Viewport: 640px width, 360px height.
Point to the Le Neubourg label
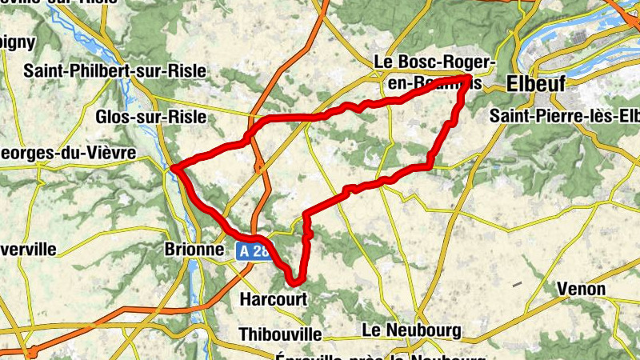(412, 330)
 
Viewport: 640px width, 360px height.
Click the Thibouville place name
(280, 333)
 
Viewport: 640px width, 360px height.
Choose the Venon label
(582, 289)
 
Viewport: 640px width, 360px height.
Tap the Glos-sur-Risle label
(150, 117)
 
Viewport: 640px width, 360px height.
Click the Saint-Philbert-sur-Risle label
(115, 70)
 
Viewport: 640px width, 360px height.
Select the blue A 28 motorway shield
(254, 250)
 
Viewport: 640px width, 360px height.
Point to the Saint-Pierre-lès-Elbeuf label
(565, 117)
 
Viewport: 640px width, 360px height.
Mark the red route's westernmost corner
(174, 168)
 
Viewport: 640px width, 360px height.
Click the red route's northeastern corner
(466, 78)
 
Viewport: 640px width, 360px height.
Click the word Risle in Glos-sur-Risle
(186, 117)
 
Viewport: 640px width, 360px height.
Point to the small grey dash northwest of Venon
(518, 284)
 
